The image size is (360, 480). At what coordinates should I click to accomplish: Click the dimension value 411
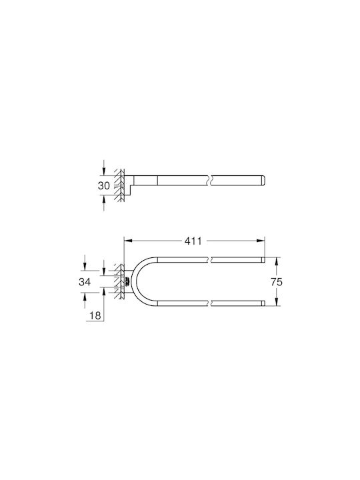click(x=193, y=241)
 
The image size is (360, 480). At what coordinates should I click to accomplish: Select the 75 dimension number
click(x=277, y=282)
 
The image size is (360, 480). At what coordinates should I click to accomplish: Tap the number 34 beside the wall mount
click(x=85, y=281)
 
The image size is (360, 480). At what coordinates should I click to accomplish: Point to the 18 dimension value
click(x=95, y=315)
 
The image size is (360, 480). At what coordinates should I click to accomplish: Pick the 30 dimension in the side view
click(x=104, y=185)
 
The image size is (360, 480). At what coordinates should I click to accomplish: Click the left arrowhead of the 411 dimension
click(x=128, y=241)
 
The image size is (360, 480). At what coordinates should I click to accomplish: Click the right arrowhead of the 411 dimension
click(x=261, y=241)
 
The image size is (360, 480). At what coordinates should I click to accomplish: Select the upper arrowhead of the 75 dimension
click(x=277, y=261)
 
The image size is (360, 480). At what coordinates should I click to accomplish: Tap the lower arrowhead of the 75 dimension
click(x=277, y=302)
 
